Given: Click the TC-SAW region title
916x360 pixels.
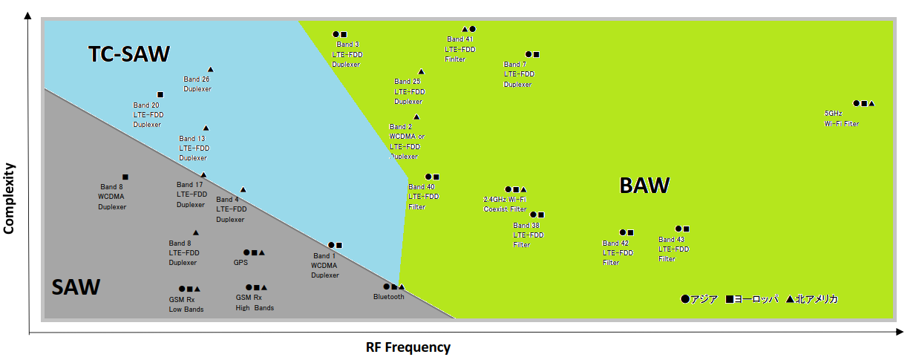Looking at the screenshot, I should click(129, 54).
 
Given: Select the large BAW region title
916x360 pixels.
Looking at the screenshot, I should click(644, 186).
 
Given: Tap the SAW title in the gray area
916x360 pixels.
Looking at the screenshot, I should click(76, 287).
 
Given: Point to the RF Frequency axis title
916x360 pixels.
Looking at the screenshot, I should click(408, 347).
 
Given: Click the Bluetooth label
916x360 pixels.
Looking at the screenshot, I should click(389, 297).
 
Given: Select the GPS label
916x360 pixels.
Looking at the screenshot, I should click(241, 262).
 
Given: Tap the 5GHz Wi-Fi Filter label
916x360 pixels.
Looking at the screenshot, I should click(841, 119).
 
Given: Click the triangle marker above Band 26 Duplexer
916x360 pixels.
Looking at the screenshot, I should click(210, 69).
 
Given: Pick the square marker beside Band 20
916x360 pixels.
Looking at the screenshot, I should click(160, 95).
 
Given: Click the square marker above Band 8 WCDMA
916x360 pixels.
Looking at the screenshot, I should click(125, 177).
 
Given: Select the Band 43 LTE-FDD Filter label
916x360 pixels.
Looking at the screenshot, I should click(673, 249).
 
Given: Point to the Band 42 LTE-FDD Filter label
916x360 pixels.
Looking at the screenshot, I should click(618, 253).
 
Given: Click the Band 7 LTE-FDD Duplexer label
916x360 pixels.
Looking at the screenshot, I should click(519, 74).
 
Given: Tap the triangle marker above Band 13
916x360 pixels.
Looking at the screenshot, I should click(206, 128).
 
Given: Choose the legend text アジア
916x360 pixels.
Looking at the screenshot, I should click(704, 299).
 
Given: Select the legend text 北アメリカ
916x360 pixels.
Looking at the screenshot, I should click(817, 299).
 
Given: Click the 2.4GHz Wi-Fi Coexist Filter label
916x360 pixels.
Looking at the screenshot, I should click(504, 204).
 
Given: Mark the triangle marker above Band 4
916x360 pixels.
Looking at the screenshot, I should click(243, 190).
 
